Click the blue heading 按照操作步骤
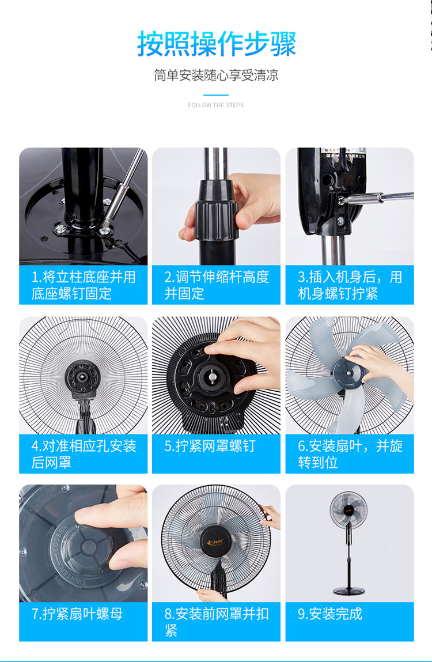click(x=216, y=43)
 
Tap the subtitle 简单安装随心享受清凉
click(x=216, y=75)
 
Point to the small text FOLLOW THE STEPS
click(x=216, y=105)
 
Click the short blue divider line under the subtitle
click(x=216, y=95)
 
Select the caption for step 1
click(x=84, y=285)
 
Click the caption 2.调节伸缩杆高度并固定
click(x=217, y=285)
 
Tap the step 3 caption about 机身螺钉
click(x=350, y=285)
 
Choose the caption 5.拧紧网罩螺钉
click(x=210, y=446)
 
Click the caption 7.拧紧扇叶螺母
click(x=77, y=614)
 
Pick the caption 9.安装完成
click(x=330, y=614)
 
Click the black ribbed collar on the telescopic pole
click(x=216, y=211)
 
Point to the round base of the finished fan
click(x=349, y=590)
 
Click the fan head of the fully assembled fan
click(x=348, y=509)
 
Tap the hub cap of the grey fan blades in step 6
click(x=350, y=374)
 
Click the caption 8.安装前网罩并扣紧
click(x=217, y=622)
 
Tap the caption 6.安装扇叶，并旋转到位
click(x=350, y=454)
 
